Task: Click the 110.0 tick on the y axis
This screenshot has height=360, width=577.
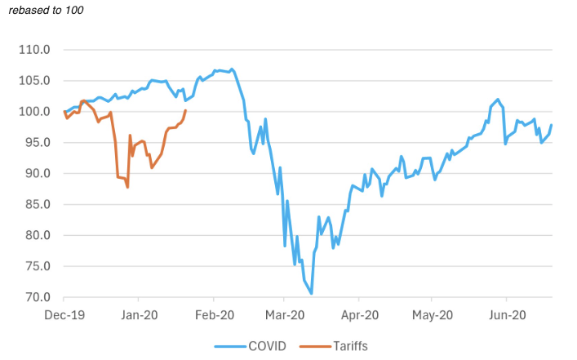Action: click(34, 50)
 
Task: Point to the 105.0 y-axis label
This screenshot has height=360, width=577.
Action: click(34, 81)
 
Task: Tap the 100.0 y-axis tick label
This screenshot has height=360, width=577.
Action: click(34, 112)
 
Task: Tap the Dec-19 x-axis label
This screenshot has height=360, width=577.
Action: click(64, 314)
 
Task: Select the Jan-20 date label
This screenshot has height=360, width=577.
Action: click(140, 314)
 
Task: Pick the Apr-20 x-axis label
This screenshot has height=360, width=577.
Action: click(360, 314)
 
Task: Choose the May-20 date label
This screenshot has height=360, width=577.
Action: click(433, 314)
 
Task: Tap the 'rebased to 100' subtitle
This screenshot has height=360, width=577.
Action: click(45, 11)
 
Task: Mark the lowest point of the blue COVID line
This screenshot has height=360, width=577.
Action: click(312, 293)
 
